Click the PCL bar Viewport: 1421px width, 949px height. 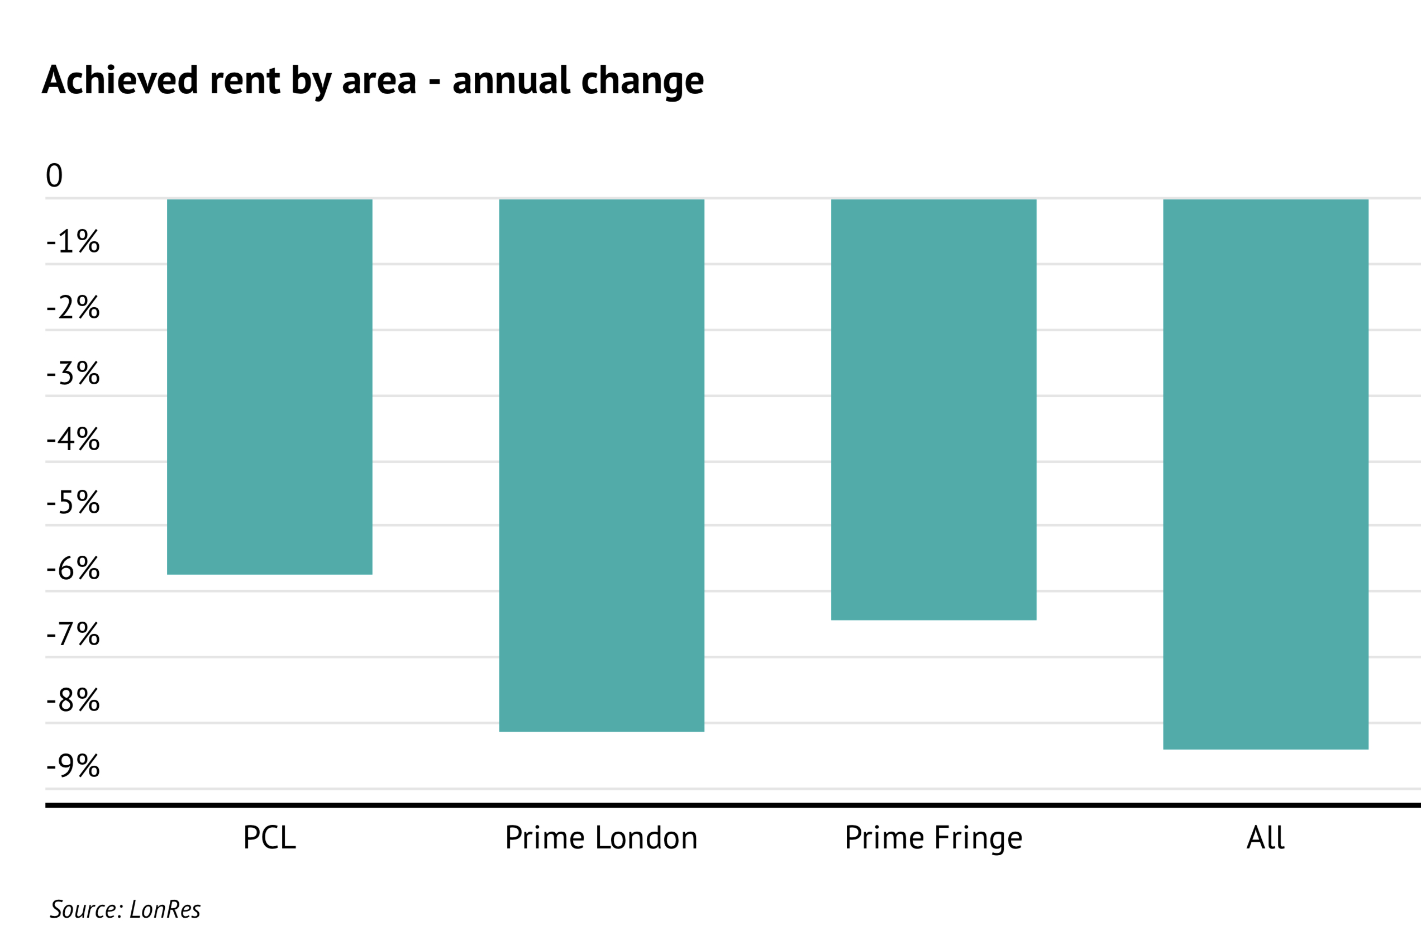point(269,386)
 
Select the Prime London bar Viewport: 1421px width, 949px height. point(601,465)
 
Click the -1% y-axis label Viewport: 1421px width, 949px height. point(73,241)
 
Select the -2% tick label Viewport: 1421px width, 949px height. point(73,307)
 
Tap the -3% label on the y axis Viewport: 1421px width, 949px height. point(73,374)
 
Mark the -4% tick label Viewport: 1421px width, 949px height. point(73,440)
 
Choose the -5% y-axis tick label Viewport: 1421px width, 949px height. point(73,503)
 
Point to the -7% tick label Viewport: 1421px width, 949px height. point(73,635)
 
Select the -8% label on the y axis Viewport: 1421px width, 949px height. point(73,700)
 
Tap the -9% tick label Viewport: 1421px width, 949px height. point(73,766)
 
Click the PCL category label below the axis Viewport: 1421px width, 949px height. point(269,838)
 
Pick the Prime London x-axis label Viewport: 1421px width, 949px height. point(601,838)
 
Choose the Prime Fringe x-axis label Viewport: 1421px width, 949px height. point(933,839)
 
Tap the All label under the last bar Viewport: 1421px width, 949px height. point(1266,838)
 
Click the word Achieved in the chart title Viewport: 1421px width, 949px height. point(120,80)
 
